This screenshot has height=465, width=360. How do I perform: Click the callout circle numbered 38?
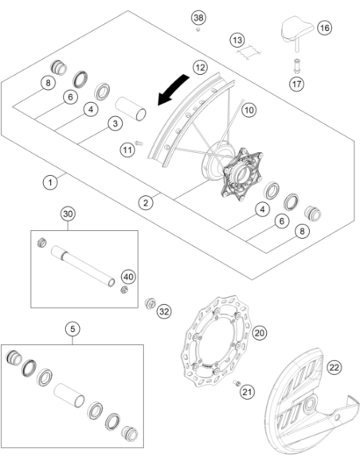[x=198, y=18]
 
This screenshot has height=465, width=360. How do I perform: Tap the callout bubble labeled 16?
[x=324, y=28]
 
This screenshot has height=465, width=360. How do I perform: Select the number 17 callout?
[x=296, y=84]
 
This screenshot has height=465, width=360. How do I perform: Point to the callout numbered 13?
[x=237, y=40]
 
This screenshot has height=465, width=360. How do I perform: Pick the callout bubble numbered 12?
[x=200, y=68]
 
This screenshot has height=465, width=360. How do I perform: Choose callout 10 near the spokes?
[x=248, y=110]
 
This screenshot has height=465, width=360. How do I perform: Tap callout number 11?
[x=127, y=150]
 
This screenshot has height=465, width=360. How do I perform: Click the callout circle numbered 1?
[x=50, y=182]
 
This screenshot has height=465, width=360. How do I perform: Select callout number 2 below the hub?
[x=146, y=203]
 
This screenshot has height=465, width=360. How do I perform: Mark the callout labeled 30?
[x=68, y=214]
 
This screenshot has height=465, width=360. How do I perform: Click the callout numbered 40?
[x=128, y=277]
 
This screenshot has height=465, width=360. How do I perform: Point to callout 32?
[x=164, y=311]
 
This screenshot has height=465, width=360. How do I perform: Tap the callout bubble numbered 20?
[x=260, y=333]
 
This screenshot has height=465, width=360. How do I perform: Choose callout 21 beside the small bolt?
[x=247, y=392]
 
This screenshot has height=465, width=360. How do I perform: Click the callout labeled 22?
[x=335, y=367]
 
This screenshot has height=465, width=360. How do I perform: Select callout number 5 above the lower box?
[x=72, y=329]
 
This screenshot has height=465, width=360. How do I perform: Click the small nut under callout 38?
[x=198, y=29]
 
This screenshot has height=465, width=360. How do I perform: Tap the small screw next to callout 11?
[x=139, y=143]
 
